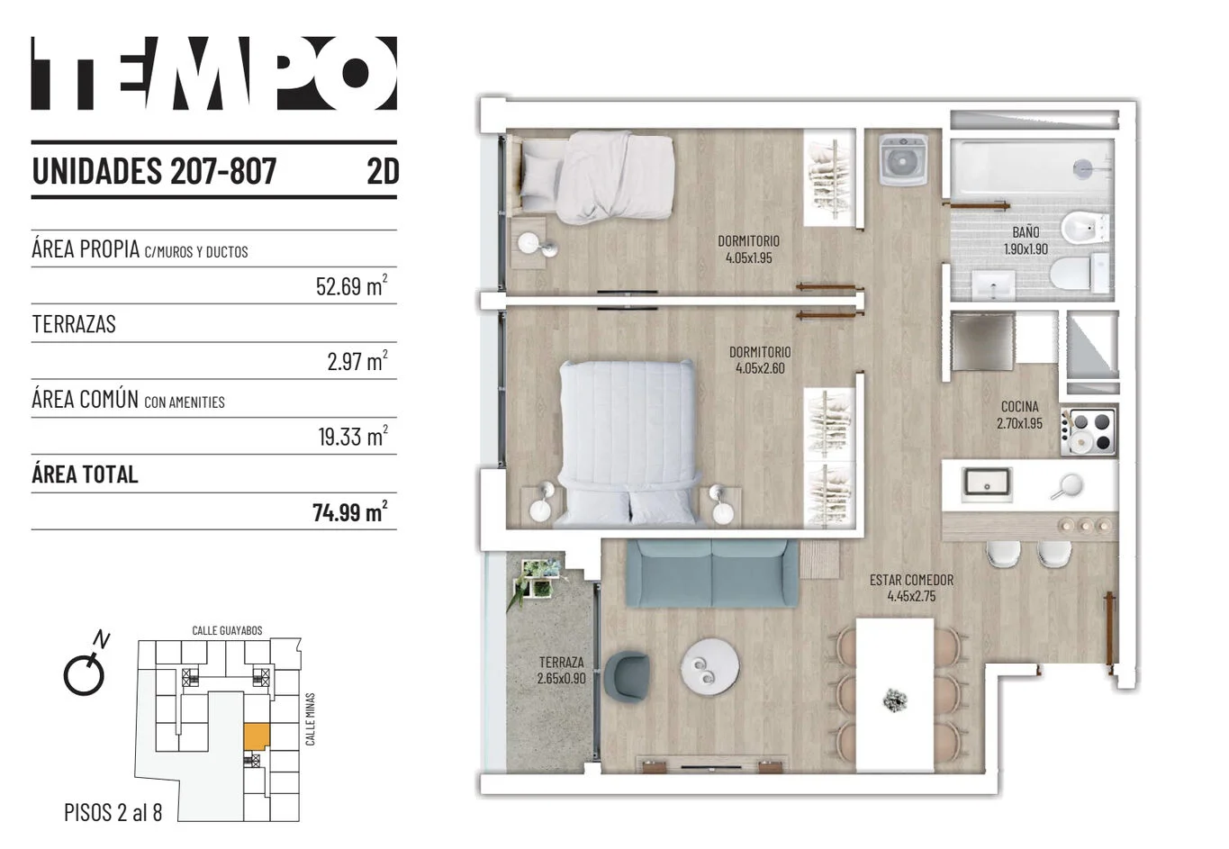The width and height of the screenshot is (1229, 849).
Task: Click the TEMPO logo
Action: [214, 73]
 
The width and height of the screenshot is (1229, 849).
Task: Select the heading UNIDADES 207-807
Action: [154, 171]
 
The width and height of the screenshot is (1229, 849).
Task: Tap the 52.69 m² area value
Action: [352, 285]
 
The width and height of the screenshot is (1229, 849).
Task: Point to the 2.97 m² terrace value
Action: [357, 360]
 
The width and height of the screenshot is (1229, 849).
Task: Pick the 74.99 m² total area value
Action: [350, 511]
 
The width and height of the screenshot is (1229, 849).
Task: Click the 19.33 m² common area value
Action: [353, 436]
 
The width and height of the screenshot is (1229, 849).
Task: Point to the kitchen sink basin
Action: [987, 485]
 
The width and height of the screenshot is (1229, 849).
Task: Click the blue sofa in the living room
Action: [712, 573]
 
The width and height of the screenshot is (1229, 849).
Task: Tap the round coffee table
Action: [710, 666]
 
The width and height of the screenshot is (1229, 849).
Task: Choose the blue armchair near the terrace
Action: [627, 677]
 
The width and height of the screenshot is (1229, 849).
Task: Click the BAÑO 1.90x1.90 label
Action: [1026, 240]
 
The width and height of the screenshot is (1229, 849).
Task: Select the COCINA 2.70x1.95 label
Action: [1019, 415]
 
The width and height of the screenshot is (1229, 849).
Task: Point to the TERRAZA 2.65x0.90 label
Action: [561, 670]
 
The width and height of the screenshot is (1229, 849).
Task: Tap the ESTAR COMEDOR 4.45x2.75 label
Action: [911, 588]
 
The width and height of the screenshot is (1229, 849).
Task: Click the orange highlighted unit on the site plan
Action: [257, 736]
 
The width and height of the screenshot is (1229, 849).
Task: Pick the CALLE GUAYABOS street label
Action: [227, 630]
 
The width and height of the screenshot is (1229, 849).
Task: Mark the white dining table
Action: [894, 695]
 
